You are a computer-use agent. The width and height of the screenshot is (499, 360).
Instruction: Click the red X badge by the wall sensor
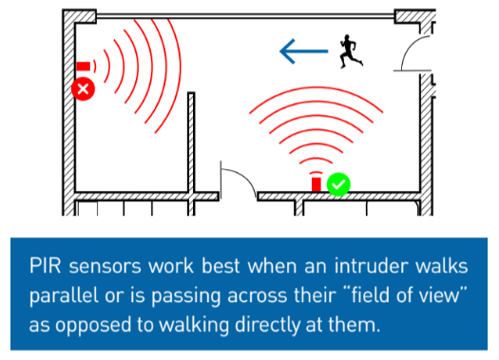coord(84,89)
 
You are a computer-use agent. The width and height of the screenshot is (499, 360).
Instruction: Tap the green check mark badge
coord(338,184)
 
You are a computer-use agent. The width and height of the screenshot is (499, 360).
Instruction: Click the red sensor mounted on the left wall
coord(83,66)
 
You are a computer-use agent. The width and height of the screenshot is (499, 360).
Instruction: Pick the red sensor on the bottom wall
coord(317,183)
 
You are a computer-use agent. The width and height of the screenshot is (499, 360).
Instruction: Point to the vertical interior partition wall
coord(191,142)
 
